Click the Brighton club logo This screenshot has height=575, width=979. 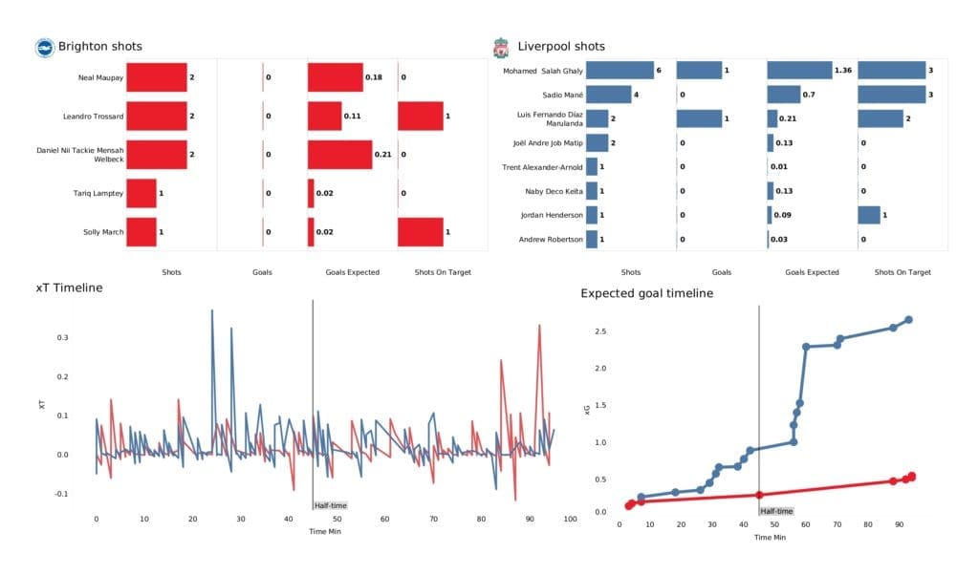pos(45,47)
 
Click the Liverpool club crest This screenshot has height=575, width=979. pos(499,47)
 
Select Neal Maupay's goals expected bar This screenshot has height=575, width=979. pos(336,76)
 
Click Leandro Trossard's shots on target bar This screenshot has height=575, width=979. pos(421,116)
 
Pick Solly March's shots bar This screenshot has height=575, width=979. pos(141,231)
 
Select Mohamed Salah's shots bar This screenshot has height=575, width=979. pos(620,71)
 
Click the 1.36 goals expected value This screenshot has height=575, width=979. pos(843,71)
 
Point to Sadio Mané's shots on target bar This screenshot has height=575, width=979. pos(892,95)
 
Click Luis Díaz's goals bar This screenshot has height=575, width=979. pos(699,118)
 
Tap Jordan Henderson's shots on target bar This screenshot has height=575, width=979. pos(869,215)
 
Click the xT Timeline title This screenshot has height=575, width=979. pos(69,287)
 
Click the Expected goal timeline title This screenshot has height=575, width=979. pos(647,293)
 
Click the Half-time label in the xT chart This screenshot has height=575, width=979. pos(330,505)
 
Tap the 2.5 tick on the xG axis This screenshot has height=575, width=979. pos(599,331)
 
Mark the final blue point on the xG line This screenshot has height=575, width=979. pos(908,320)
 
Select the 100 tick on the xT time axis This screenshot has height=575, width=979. pos(570,520)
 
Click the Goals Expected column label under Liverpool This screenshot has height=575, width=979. pos(811,272)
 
